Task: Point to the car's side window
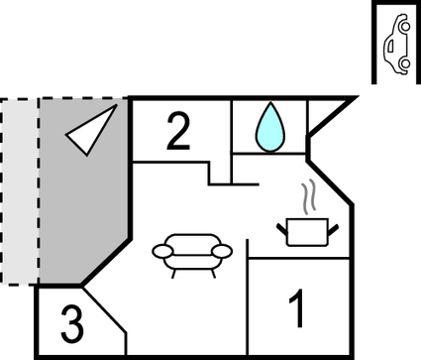click(x=394, y=45)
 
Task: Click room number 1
click(x=295, y=308)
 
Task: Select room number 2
click(x=177, y=133)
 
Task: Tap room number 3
click(x=70, y=323)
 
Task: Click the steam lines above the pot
click(x=310, y=195)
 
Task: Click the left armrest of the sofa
click(x=160, y=250)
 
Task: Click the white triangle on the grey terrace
click(x=89, y=131)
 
